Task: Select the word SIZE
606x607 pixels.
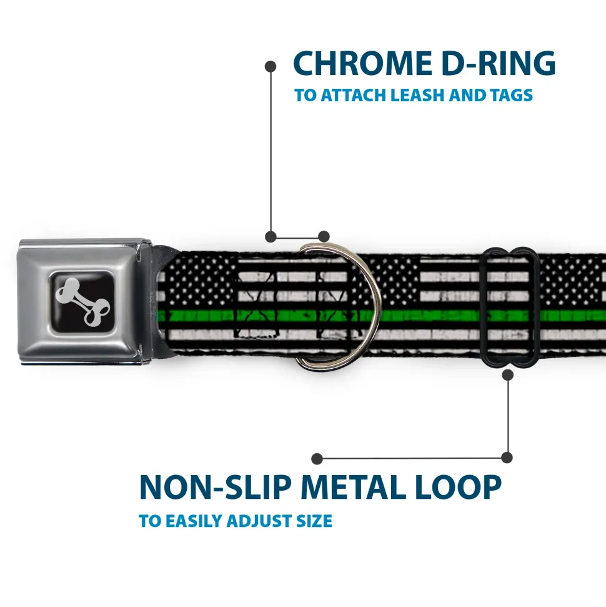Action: click(x=314, y=521)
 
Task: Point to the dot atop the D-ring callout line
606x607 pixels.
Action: click(x=271, y=65)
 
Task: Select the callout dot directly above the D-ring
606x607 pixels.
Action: click(x=324, y=236)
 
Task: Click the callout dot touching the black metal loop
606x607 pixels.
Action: click(x=507, y=375)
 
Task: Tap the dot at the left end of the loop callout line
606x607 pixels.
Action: click(x=317, y=459)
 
